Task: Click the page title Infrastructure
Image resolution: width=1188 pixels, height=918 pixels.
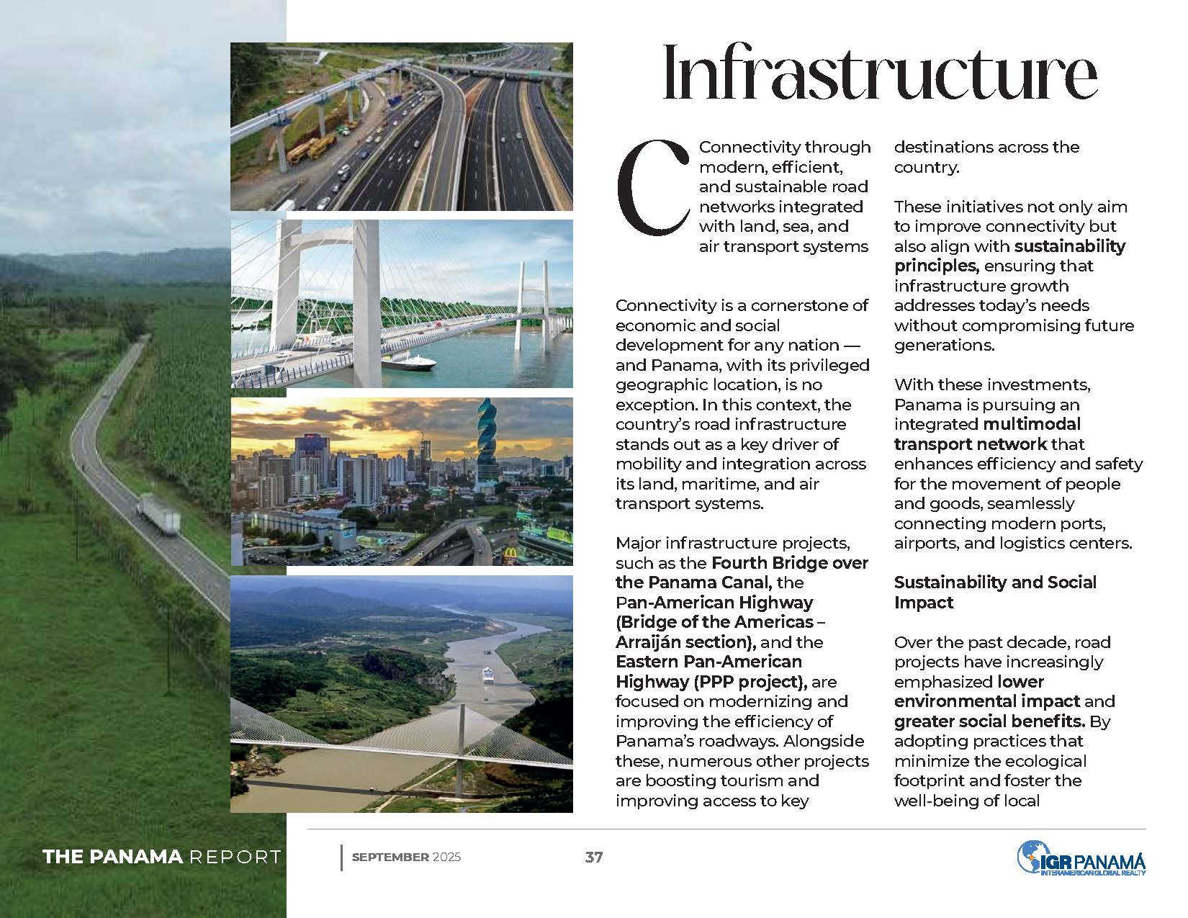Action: [879, 74]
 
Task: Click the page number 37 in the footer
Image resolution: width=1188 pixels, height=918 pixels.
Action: [594, 857]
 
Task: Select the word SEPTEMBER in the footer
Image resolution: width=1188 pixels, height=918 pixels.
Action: [390, 857]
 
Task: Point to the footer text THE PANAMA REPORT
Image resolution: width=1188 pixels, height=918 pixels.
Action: [162, 857]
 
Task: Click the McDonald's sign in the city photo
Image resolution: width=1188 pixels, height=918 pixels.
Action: [510, 554]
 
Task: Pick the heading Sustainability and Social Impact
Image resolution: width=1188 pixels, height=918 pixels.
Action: [995, 592]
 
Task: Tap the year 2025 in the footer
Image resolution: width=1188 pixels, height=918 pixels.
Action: [447, 857]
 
